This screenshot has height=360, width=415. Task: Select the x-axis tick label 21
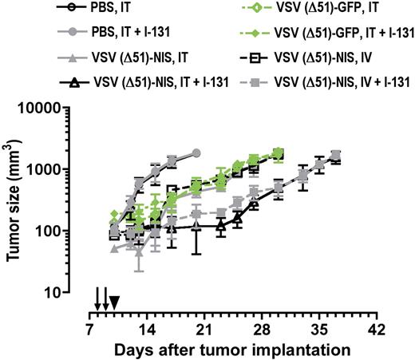(204, 330)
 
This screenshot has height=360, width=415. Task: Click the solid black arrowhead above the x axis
(114, 302)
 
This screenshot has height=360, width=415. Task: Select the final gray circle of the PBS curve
(196, 152)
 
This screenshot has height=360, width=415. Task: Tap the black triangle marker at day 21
(196, 227)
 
